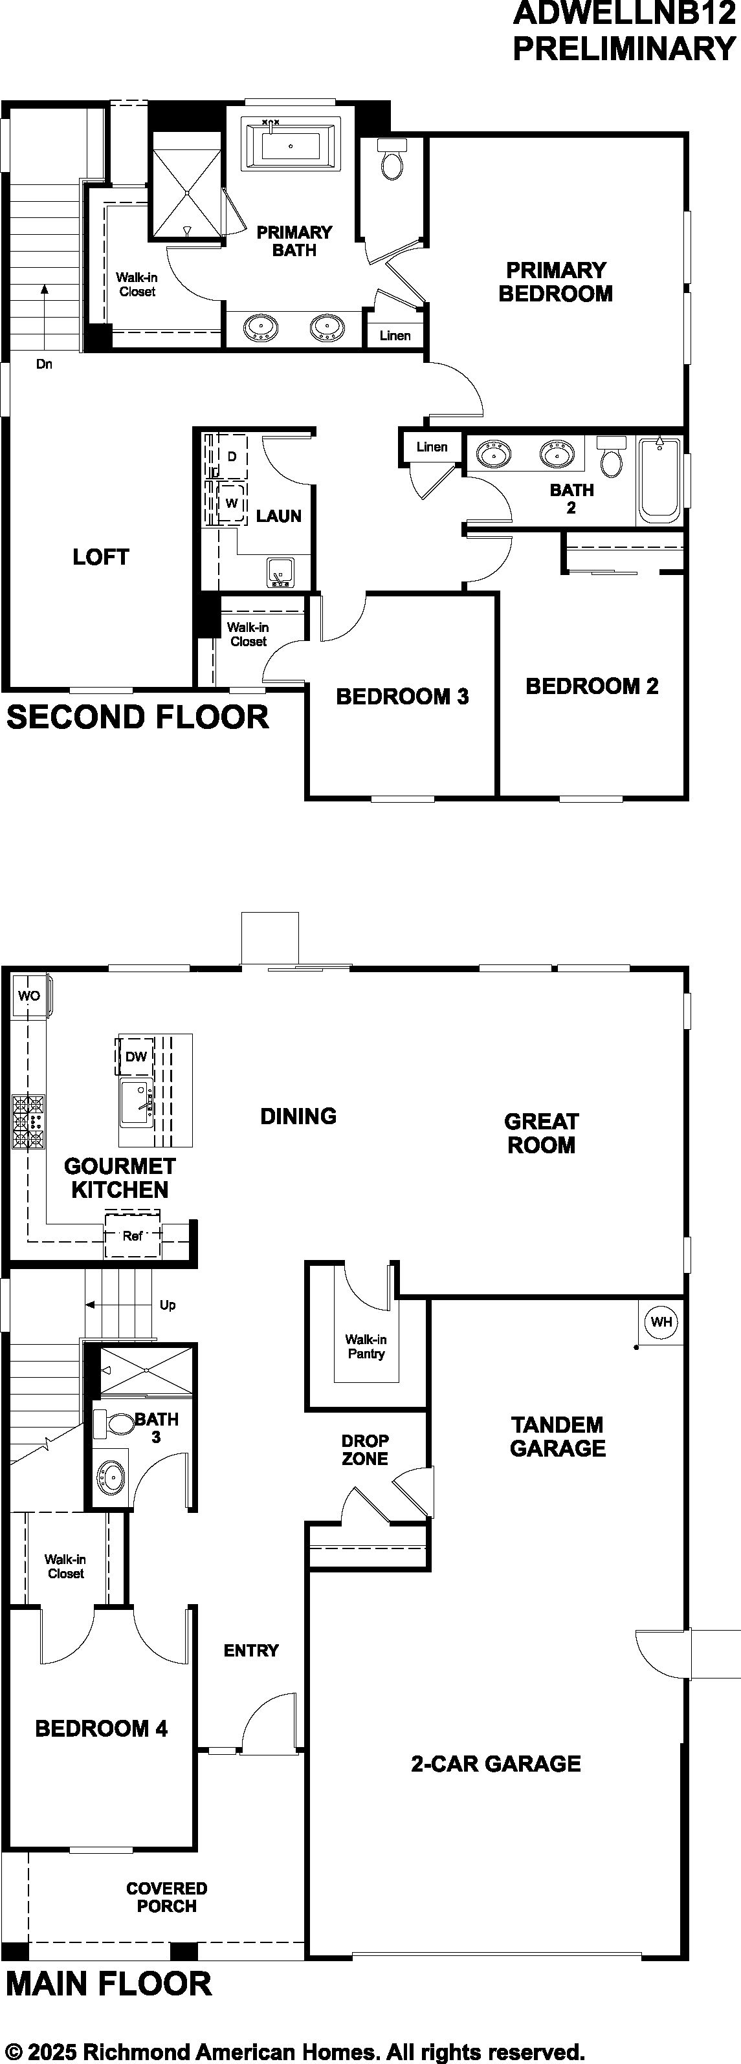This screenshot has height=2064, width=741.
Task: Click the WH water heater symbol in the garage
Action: [661, 1321]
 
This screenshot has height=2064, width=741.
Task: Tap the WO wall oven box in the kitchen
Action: [30, 996]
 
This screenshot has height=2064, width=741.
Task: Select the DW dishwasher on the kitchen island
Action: [135, 1056]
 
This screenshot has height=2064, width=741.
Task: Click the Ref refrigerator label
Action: [132, 1236]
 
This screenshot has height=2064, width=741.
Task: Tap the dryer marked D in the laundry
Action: [231, 457]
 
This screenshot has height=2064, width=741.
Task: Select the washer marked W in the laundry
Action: [231, 503]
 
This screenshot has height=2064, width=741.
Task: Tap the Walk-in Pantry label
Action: [366, 1346]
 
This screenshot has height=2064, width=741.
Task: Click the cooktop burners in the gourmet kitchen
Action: [28, 1122]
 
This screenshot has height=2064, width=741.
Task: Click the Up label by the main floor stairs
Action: [168, 1305]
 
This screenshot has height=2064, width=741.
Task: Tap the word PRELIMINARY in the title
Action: [624, 49]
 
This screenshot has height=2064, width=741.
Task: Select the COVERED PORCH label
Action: [167, 1897]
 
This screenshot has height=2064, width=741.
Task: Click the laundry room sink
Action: [280, 572]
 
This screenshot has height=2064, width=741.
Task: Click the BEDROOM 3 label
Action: [403, 696]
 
